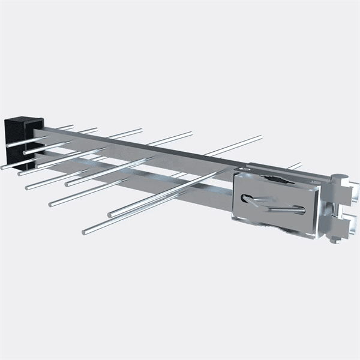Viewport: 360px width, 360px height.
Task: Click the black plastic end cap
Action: click(x=18, y=132)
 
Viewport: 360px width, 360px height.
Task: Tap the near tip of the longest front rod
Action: click(x=85, y=230)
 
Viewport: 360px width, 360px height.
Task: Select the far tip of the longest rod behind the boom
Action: click(x=260, y=137)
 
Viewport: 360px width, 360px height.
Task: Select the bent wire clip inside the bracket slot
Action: click(x=273, y=204)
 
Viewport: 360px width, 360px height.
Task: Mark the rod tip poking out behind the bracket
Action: click(x=299, y=163)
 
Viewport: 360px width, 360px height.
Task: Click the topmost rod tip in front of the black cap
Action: click(x=8, y=145)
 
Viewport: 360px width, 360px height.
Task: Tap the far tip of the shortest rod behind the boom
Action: click(x=72, y=127)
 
